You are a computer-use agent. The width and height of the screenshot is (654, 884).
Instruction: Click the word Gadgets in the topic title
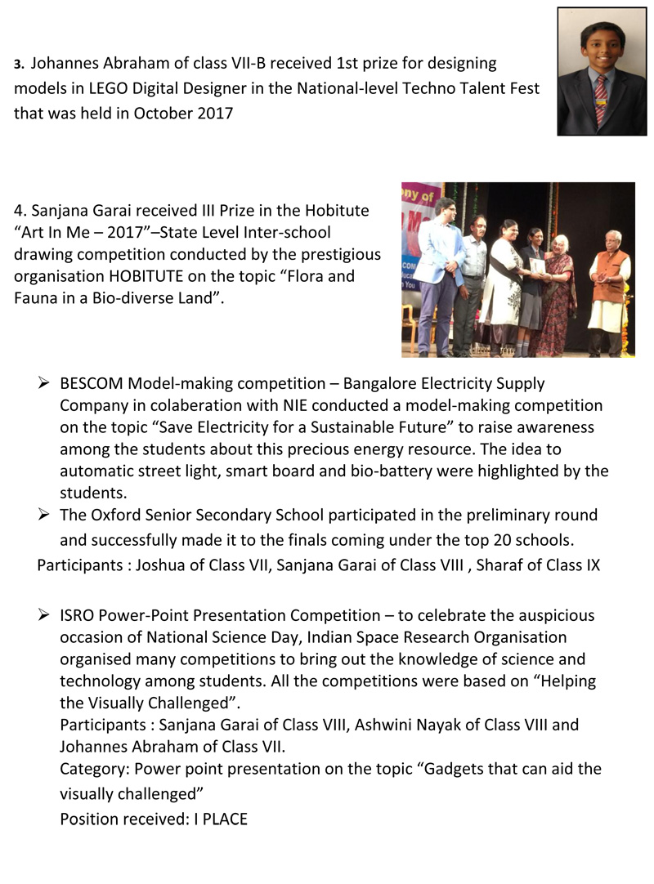[x=457, y=769]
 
